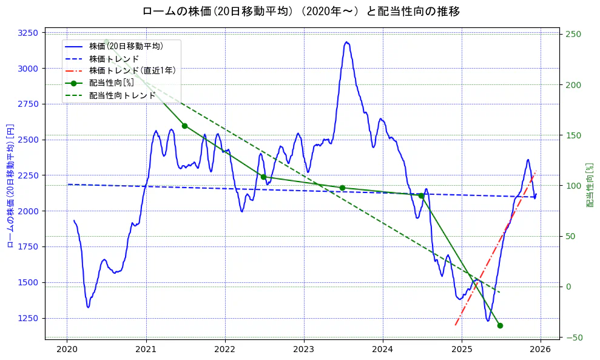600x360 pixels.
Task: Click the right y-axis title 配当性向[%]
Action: pyautogui.click(x=590, y=185)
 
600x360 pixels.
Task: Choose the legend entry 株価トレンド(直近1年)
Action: pyautogui.click(x=132, y=70)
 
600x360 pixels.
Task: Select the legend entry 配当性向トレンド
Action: pyautogui.click(x=122, y=95)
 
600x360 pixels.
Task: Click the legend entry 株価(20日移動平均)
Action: pyautogui.click(x=126, y=46)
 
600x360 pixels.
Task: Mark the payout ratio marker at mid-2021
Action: pyautogui.click(x=184, y=126)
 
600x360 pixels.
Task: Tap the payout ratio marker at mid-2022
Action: pyautogui.click(x=263, y=177)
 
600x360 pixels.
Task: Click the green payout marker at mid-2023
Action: pyautogui.click(x=342, y=188)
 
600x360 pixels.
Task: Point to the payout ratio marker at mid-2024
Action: pyautogui.click(x=421, y=195)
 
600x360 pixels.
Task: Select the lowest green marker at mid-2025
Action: pyautogui.click(x=500, y=325)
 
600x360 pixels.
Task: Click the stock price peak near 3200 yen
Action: pyautogui.click(x=346, y=42)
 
